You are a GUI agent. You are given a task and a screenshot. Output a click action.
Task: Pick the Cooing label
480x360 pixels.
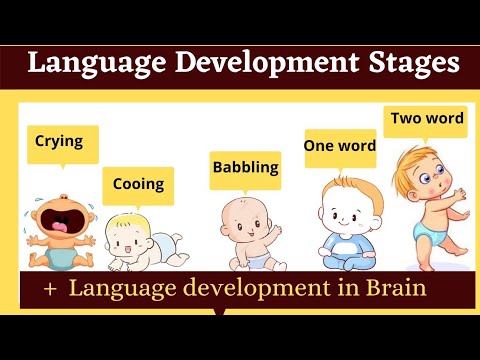pos(138,184)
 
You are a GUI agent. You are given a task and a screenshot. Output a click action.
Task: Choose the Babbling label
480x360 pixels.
pos(245,167)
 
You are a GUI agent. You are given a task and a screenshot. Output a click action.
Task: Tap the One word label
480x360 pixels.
pos(340,146)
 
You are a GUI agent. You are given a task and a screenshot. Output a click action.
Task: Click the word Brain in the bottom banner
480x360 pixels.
pos(393,289)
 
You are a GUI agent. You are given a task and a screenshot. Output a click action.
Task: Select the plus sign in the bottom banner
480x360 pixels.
pos(48,290)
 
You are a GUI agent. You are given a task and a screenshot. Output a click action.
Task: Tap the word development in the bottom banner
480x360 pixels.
pos(237,290)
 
